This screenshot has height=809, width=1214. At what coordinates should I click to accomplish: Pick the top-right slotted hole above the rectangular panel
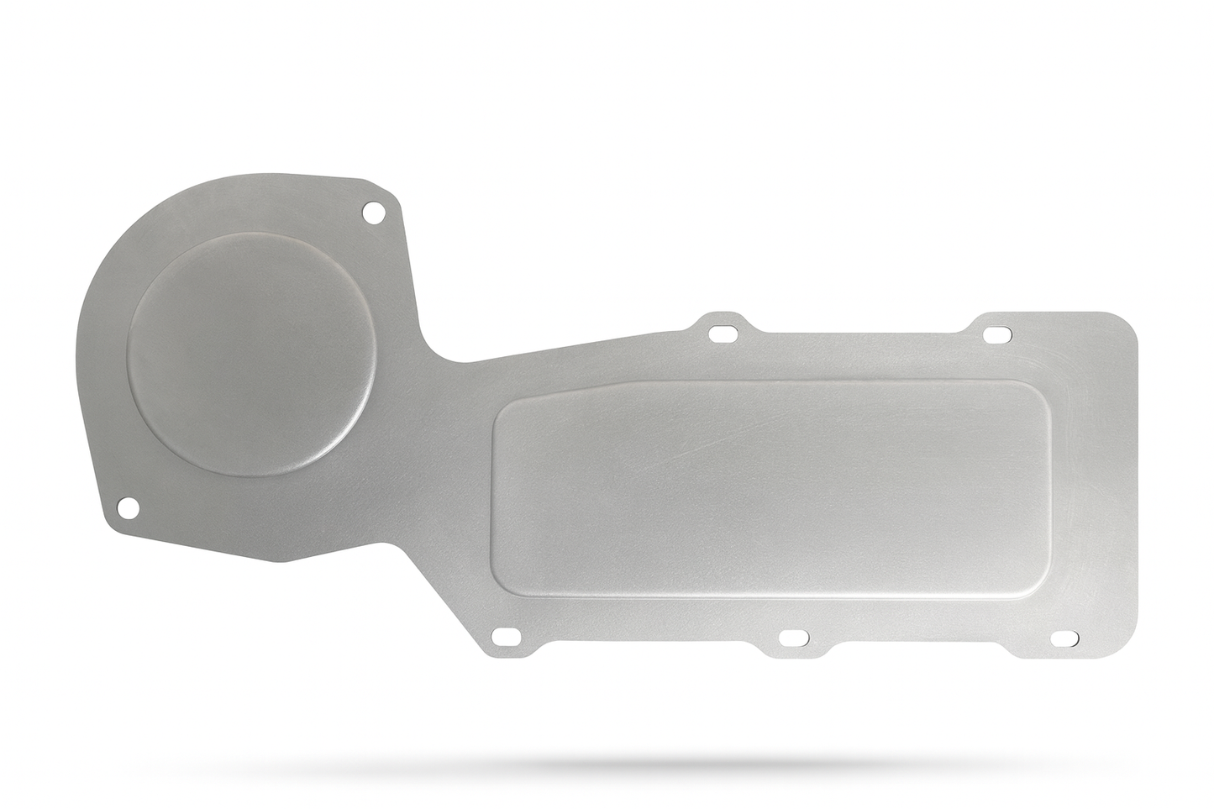coord(996,334)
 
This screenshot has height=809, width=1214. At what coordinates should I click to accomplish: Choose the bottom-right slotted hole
coord(1065,638)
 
